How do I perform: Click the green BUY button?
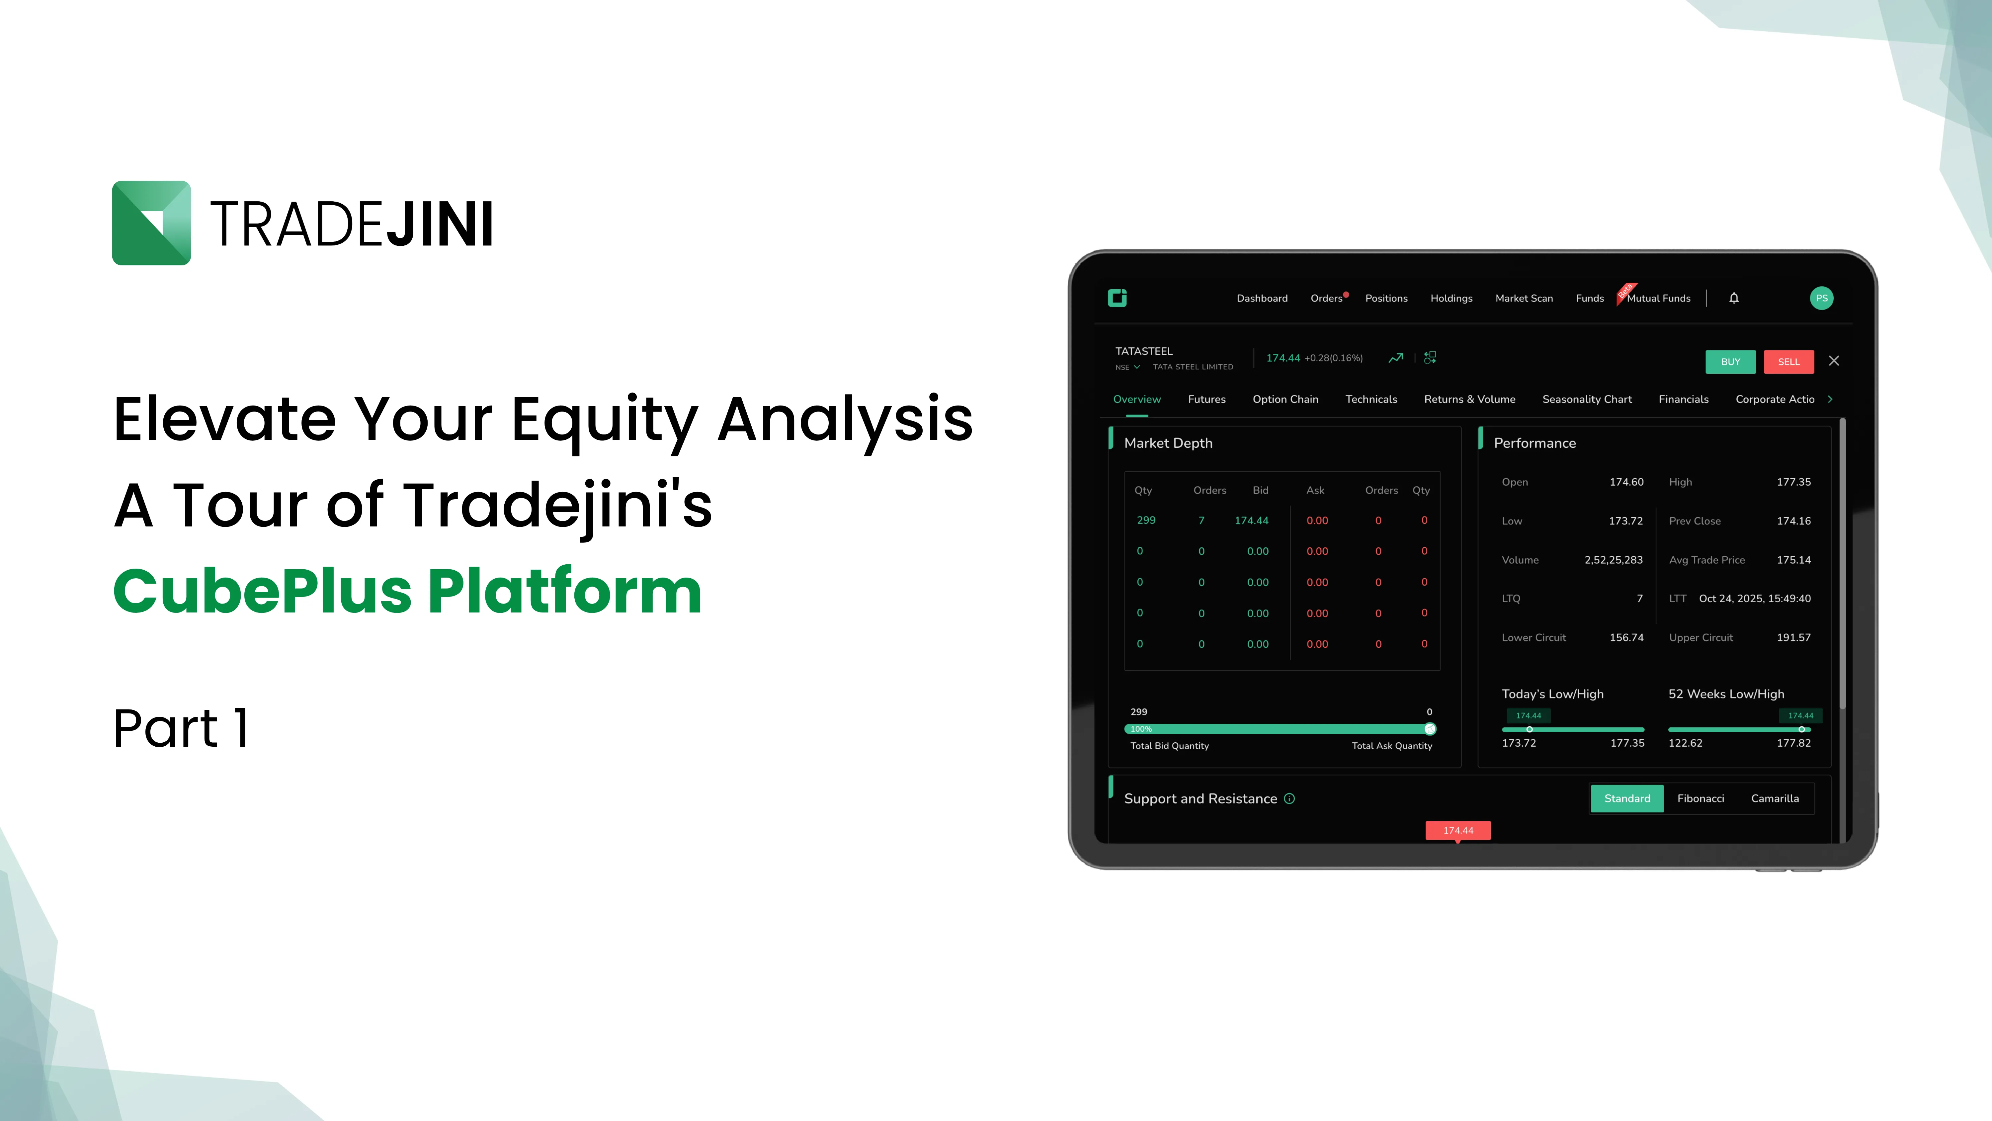(x=1730, y=361)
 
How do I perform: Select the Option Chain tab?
(x=1285, y=399)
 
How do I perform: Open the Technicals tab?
(x=1371, y=399)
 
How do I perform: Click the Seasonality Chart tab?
(x=1587, y=399)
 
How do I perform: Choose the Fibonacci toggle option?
(x=1701, y=798)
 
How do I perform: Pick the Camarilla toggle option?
(x=1775, y=798)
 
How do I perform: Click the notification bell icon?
(x=1734, y=298)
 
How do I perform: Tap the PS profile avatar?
(x=1821, y=298)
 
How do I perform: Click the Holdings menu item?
(x=1451, y=298)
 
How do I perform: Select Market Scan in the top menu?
(x=1524, y=298)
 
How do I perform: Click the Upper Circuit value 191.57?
(x=1793, y=637)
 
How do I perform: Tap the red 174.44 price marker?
(x=1458, y=830)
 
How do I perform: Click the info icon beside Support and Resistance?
(x=1289, y=798)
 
